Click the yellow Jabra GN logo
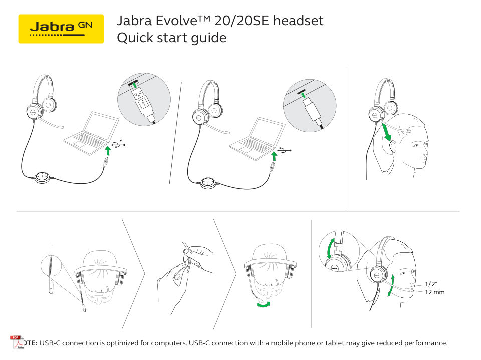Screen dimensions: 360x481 coord(61,29)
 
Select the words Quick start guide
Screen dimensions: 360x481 coord(171,38)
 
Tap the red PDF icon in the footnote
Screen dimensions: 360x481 coord(17,342)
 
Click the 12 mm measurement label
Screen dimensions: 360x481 coord(435,292)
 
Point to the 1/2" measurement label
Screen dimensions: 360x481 coord(432,284)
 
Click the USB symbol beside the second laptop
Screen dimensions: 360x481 coord(285,150)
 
